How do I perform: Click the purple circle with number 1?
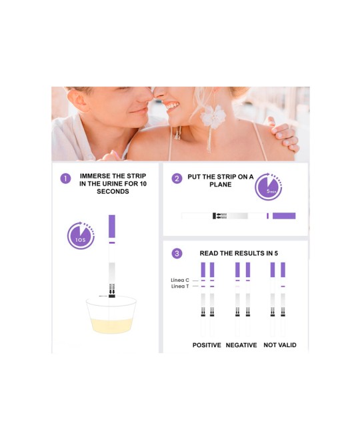pos(65,179)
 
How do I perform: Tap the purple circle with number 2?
pos(177,179)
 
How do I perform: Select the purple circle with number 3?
pos(177,253)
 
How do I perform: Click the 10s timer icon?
pos(81,236)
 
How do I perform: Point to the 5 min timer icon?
pos(269,187)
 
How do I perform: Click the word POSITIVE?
pos(207,345)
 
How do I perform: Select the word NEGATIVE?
pos(241,345)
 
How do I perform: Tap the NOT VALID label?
pos(280,345)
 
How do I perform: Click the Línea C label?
pos(180,280)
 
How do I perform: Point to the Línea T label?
pos(180,286)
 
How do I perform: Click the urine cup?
pos(111,314)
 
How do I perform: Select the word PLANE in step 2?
pos(220,185)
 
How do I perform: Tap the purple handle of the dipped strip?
pos(112,226)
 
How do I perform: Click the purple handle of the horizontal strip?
pos(284,216)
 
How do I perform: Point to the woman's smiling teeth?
pos(172,106)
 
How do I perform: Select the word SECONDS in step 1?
pos(113,191)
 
